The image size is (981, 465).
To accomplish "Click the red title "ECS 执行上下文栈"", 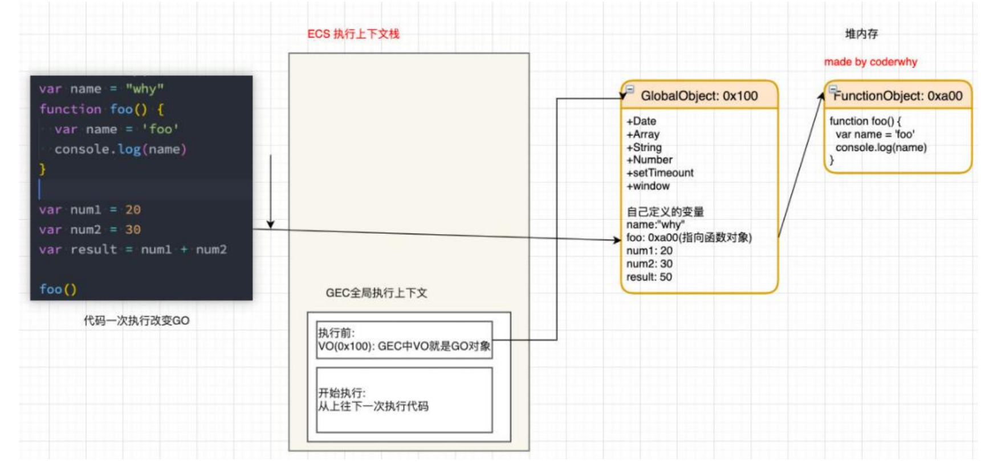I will (x=353, y=34).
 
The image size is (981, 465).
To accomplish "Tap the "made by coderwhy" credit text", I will (x=870, y=62).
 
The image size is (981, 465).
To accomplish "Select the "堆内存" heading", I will (x=861, y=34).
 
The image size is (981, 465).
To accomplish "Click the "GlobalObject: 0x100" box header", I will (x=699, y=96).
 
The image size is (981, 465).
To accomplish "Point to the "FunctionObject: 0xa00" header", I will (x=898, y=96).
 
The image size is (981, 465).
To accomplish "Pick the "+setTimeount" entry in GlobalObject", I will (x=660, y=173).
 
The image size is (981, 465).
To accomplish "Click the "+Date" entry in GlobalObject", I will (x=641, y=121).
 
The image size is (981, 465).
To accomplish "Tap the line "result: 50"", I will (x=649, y=277).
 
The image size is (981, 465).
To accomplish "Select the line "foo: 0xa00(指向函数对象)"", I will (x=689, y=237).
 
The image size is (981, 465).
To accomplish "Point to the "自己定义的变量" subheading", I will (x=665, y=212).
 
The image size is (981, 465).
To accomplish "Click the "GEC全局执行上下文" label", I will (x=376, y=293).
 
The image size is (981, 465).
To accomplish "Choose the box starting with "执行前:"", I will (x=404, y=339).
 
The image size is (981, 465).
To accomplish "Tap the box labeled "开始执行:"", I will (x=404, y=399).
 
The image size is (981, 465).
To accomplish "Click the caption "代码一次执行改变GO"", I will (x=136, y=321).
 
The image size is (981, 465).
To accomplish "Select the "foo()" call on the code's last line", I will (x=58, y=289).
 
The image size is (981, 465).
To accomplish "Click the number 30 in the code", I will (x=133, y=229).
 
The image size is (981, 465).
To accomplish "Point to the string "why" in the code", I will (x=145, y=89).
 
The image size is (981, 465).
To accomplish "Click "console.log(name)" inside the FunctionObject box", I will (x=881, y=147).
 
